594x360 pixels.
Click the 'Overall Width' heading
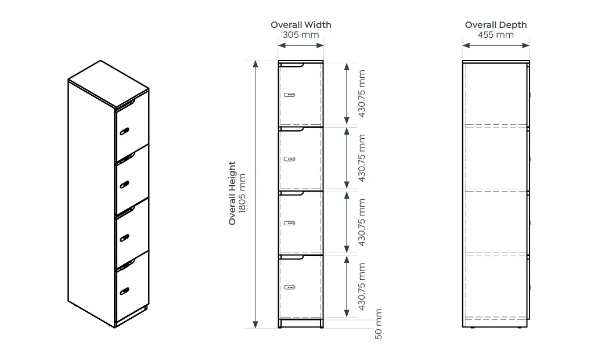click(301, 25)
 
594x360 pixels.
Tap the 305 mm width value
click(301, 35)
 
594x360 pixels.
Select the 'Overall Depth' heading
click(496, 25)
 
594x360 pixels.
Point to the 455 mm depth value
click(495, 35)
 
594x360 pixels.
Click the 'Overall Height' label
click(232, 193)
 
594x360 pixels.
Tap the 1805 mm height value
click(242, 193)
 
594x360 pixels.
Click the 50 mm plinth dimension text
click(379, 324)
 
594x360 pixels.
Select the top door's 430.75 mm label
click(362, 93)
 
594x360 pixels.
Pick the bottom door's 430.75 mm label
click(362, 286)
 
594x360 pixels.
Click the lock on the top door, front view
click(289, 95)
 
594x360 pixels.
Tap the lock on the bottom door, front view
click(289, 287)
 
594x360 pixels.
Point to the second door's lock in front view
click(289, 159)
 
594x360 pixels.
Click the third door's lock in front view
click(289, 223)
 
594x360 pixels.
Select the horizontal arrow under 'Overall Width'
click(301, 45)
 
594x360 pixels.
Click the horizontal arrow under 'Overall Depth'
click(496, 45)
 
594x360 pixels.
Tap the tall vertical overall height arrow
click(255, 194)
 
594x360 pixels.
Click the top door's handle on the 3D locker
click(124, 131)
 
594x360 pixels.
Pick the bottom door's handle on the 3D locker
click(124, 291)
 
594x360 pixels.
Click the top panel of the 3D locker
click(109, 84)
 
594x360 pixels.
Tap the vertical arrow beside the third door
click(347, 222)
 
